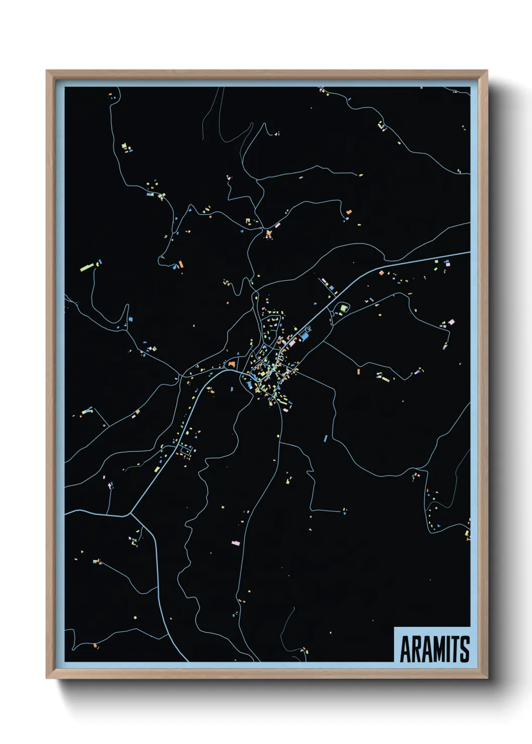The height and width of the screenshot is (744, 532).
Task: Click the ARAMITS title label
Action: click(434, 649)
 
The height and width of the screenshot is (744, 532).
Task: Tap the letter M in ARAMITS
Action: click(434, 649)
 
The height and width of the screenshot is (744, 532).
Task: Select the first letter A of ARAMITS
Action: click(405, 649)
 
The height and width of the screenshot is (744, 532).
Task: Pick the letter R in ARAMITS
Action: click(415, 649)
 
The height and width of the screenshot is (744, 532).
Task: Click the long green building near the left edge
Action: click(87, 265)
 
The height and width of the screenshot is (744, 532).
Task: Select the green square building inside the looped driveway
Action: click(343, 308)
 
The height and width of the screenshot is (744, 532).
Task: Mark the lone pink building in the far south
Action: click(235, 543)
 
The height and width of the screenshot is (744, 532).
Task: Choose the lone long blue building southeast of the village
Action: click(325, 438)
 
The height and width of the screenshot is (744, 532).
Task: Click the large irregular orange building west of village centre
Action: click(232, 363)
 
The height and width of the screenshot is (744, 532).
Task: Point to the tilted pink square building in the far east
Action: click(451, 322)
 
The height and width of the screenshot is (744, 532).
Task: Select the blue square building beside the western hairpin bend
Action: click(130, 319)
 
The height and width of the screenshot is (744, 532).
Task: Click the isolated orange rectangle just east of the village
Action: click(359, 372)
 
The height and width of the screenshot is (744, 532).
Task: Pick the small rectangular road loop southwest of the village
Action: click(186, 450)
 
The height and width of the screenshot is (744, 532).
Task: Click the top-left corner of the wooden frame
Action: click(47, 71)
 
